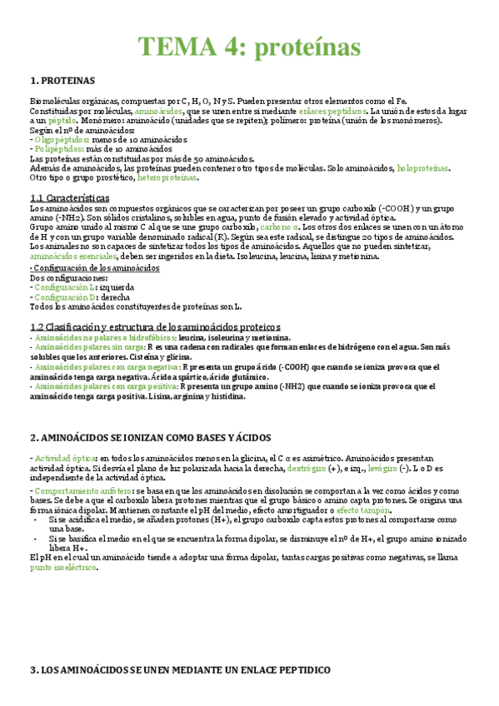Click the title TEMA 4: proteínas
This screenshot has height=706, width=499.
pos(249,46)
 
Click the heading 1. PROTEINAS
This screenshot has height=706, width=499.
pos(62,81)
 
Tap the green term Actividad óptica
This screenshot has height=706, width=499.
pos(65,459)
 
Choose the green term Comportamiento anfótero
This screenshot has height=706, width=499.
pos(82,492)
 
